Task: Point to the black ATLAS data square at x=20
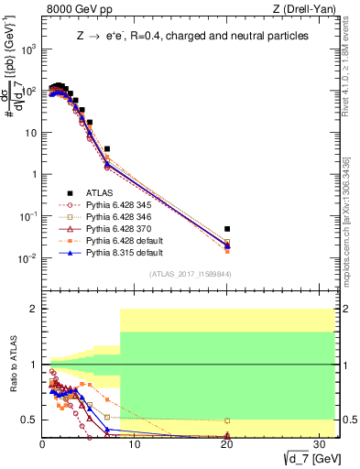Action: [227, 229]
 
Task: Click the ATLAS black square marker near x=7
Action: [107, 148]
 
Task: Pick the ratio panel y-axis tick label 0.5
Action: [30, 420]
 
